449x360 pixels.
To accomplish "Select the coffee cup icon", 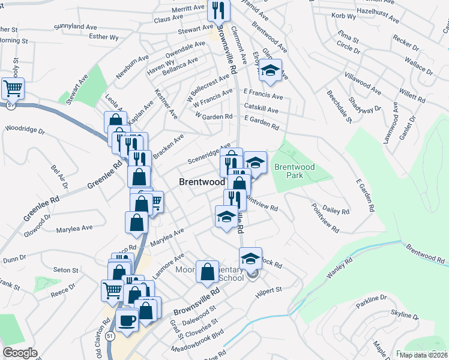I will pos(127,319).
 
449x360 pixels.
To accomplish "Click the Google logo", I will pos(20,353).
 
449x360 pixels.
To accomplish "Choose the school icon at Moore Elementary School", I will pos(250,259).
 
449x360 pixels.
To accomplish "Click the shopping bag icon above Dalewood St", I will pos(207,272).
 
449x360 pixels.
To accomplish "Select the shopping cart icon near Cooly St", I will pos(13,89).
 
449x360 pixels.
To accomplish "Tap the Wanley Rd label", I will pos(337,268).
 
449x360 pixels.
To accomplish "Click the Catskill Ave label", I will pos(261,110).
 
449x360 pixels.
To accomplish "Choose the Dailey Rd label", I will pos(336,211).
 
